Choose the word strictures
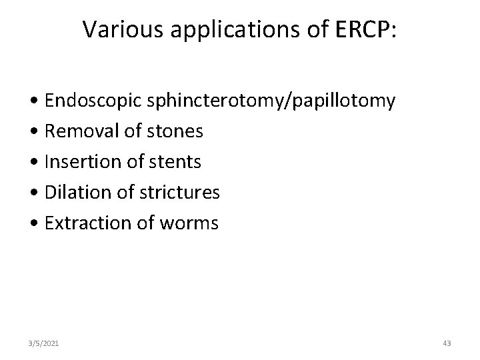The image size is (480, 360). point(180,192)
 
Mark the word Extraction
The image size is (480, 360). point(83,223)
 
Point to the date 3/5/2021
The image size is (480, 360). point(45,343)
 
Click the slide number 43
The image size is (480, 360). point(447,343)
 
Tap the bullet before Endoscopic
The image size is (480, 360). point(33,103)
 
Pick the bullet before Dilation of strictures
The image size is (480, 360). point(33,193)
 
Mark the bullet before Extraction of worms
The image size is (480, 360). point(33,223)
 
